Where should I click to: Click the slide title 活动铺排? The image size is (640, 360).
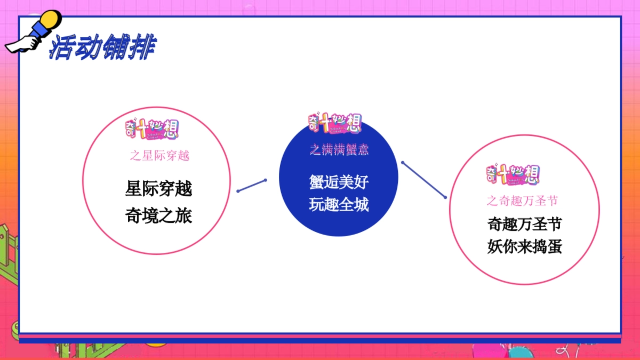pyautogui.click(x=101, y=48)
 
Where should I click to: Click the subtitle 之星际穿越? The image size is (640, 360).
pyautogui.click(x=159, y=156)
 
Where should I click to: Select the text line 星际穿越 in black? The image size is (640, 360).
pyautogui.click(x=158, y=188)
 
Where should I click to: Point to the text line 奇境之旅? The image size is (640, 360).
pyautogui.click(x=158, y=216)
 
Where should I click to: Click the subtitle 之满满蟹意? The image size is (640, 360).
pyautogui.click(x=339, y=150)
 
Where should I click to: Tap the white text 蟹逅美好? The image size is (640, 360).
pyautogui.click(x=339, y=181)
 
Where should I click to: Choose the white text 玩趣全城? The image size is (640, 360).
pyautogui.click(x=339, y=204)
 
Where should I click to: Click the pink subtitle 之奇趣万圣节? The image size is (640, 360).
pyautogui.click(x=523, y=201)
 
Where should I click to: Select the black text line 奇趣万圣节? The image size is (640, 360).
pyautogui.click(x=524, y=224)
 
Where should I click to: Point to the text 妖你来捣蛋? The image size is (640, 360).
pyautogui.click(x=524, y=247)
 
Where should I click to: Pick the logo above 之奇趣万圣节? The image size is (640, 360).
pyautogui.click(x=513, y=174)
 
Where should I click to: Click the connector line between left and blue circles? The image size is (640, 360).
pyautogui.click(x=252, y=185)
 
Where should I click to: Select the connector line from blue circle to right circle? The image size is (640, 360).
pyautogui.click(x=424, y=180)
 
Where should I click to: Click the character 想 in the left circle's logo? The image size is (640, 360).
pyautogui.click(x=170, y=130)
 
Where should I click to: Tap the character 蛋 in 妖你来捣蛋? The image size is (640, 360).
pyautogui.click(x=554, y=247)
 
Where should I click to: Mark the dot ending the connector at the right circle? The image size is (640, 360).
pyautogui.click(x=445, y=197)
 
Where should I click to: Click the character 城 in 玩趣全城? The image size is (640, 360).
pyautogui.click(x=361, y=204)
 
